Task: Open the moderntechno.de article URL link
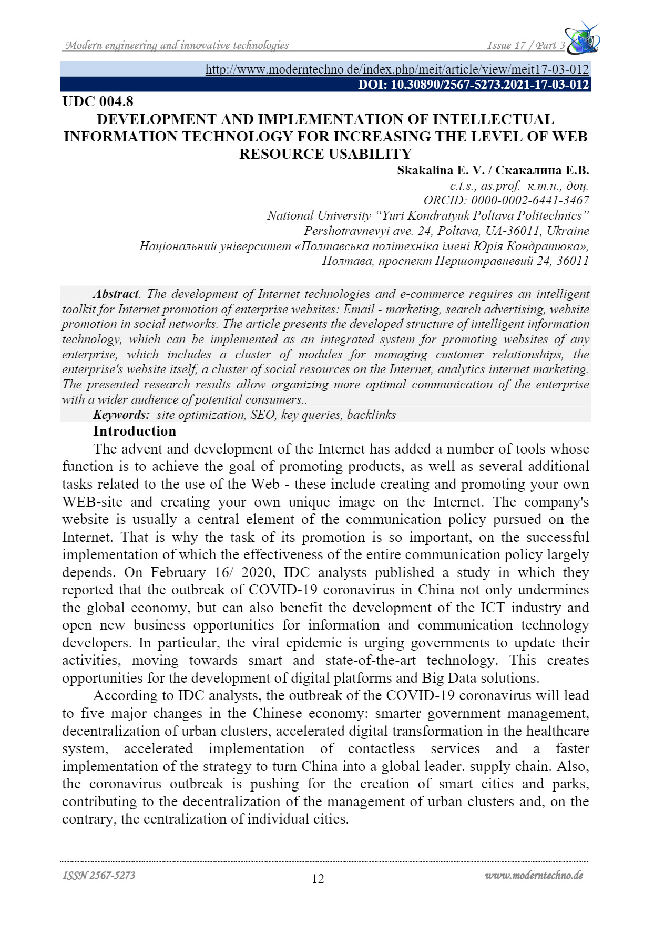[397, 69]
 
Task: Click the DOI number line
[473, 85]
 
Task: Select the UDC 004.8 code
[98, 101]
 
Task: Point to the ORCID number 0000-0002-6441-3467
[530, 200]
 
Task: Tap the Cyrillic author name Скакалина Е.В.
[542, 170]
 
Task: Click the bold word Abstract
[116, 294]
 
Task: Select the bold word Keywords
[121, 415]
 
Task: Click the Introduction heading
[135, 431]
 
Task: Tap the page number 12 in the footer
[318, 878]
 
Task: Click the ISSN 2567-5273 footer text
[99, 875]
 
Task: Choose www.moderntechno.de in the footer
[534, 875]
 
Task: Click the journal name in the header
[177, 45]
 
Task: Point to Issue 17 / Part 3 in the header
[526, 45]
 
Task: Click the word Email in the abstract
[359, 309]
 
